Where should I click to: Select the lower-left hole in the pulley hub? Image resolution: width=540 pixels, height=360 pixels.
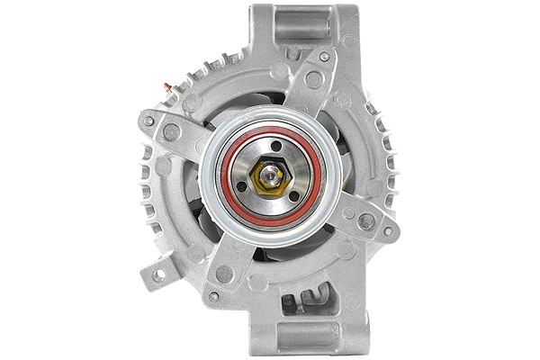pos(242,186)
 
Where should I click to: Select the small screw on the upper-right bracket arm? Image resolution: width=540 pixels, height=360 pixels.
pos(324,57)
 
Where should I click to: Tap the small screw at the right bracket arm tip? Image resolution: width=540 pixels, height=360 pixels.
pos(388,231)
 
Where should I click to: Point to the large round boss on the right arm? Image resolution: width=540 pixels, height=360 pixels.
pos(365,220)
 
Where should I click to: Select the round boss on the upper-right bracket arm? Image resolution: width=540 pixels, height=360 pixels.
pos(313,79)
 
